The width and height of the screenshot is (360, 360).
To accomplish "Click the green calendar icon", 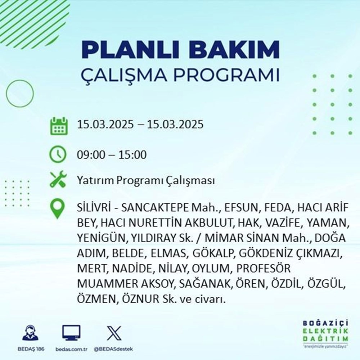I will [x=58, y=126].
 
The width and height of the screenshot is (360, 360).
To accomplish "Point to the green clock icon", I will [x=58, y=155].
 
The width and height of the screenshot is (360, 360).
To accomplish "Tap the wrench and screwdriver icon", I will [x=58, y=180].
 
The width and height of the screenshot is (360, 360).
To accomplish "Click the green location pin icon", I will [x=58, y=209].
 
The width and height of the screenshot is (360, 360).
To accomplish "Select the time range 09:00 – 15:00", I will [x=112, y=155].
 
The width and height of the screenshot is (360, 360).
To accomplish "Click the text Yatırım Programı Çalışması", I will [x=146, y=180].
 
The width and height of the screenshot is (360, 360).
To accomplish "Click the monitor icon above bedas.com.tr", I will [x=71, y=333].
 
